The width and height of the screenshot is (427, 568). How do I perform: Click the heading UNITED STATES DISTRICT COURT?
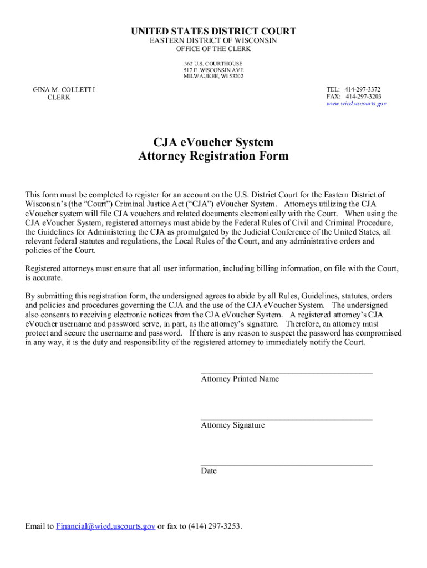213,32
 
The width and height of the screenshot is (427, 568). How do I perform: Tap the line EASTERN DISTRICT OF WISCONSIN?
213,41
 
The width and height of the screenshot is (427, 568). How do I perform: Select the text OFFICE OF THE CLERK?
213,49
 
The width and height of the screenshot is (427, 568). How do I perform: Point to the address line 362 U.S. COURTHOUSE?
213,64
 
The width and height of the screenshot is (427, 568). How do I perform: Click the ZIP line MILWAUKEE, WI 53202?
213,77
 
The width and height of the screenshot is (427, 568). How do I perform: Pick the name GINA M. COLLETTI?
64,90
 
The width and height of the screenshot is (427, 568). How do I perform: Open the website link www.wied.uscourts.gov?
356,104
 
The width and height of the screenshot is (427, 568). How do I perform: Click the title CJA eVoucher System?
213,143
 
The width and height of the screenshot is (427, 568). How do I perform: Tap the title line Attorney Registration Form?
213,156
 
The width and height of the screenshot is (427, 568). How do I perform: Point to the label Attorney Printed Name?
240,379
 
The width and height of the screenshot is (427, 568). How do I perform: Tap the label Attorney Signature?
232,425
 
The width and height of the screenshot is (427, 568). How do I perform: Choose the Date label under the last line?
209,471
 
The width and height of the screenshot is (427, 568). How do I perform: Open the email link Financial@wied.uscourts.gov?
105,526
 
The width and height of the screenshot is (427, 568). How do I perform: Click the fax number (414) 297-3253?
215,526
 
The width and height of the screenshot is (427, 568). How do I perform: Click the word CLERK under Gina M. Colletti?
59,98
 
